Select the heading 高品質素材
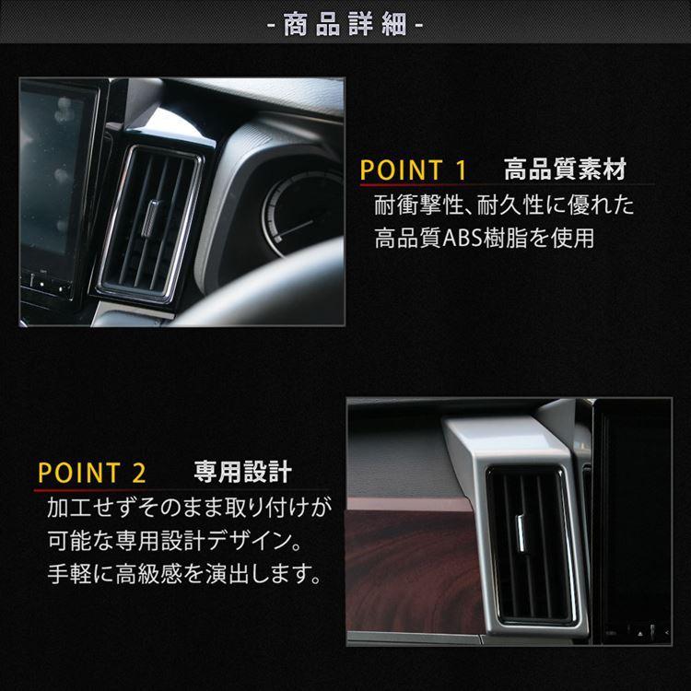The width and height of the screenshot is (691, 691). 565,170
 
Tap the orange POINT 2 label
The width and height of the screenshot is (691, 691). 92,474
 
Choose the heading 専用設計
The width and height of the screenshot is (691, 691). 242,473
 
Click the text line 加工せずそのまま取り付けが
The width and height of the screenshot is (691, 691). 188,508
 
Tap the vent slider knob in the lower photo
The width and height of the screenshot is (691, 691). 522,527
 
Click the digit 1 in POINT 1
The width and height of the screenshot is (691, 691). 462,170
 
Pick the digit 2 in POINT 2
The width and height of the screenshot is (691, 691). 139,474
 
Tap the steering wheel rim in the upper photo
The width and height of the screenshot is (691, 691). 249,304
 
